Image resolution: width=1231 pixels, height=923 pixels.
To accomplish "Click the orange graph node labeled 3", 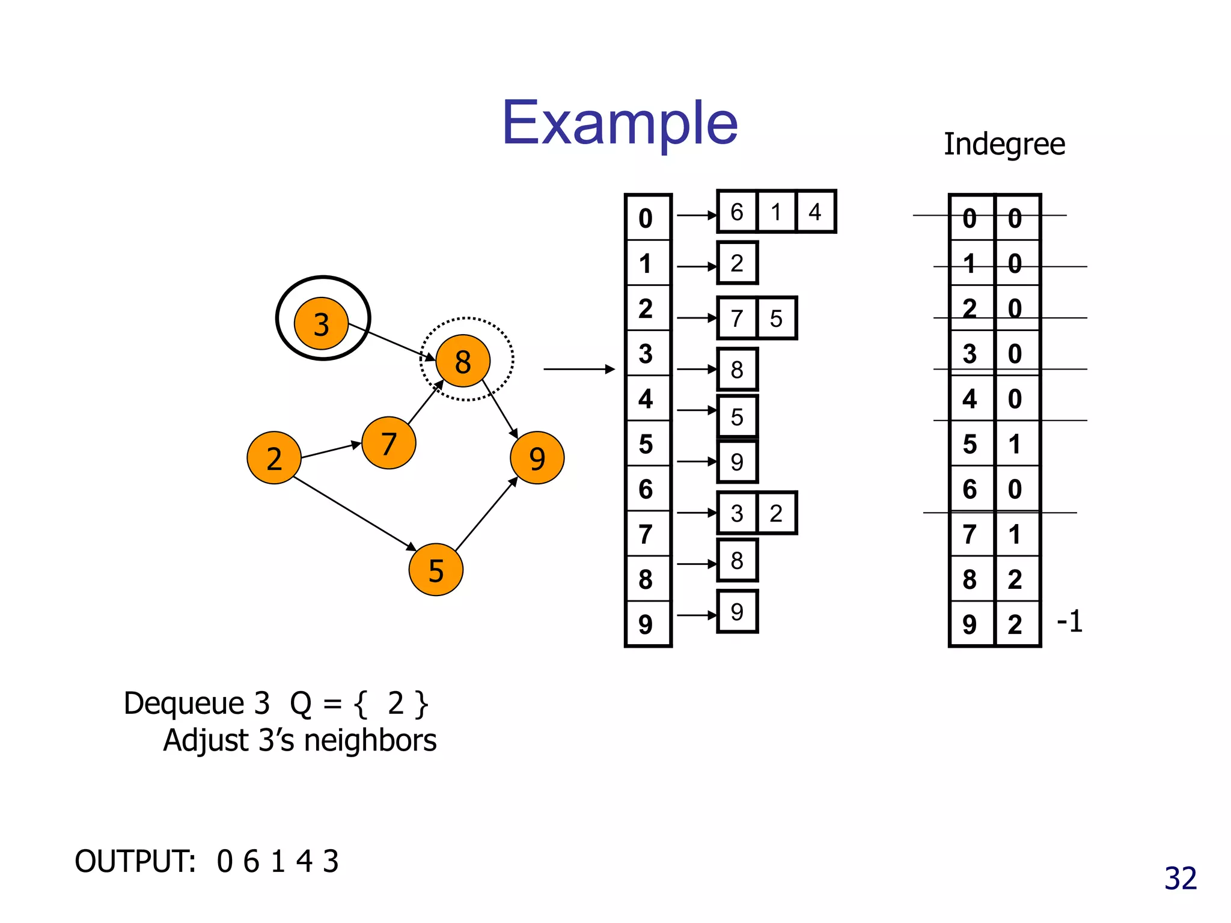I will [321, 323].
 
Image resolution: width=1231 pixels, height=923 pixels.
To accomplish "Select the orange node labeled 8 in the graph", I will [462, 361].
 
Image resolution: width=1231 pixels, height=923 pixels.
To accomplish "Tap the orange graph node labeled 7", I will [389, 443].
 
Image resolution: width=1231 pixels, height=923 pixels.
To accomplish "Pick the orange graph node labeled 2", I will [274, 458].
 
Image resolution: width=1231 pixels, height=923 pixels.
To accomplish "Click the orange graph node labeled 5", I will [436, 570].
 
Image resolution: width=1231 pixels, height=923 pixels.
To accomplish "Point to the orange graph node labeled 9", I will [537, 458].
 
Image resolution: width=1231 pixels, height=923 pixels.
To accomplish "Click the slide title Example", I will [620, 123].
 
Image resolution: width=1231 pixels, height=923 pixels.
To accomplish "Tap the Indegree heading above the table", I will [1004, 145].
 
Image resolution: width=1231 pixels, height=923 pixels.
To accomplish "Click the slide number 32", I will [1181, 879].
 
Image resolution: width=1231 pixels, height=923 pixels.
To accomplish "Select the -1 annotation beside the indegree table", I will [1069, 621].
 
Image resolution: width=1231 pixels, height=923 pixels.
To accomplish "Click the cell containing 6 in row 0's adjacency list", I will [737, 212].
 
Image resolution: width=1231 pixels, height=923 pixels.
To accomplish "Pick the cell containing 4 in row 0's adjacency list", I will [815, 212].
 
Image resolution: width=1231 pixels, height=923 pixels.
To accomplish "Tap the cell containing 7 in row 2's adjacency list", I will [737, 318].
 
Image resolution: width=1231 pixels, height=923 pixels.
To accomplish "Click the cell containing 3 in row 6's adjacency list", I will [737, 513].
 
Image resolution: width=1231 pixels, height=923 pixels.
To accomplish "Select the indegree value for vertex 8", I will [1015, 579].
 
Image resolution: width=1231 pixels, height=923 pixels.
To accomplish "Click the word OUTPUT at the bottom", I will [135, 861].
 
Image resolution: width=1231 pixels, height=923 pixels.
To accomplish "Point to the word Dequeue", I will [184, 704].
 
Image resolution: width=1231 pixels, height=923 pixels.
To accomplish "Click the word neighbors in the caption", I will [370, 740].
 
